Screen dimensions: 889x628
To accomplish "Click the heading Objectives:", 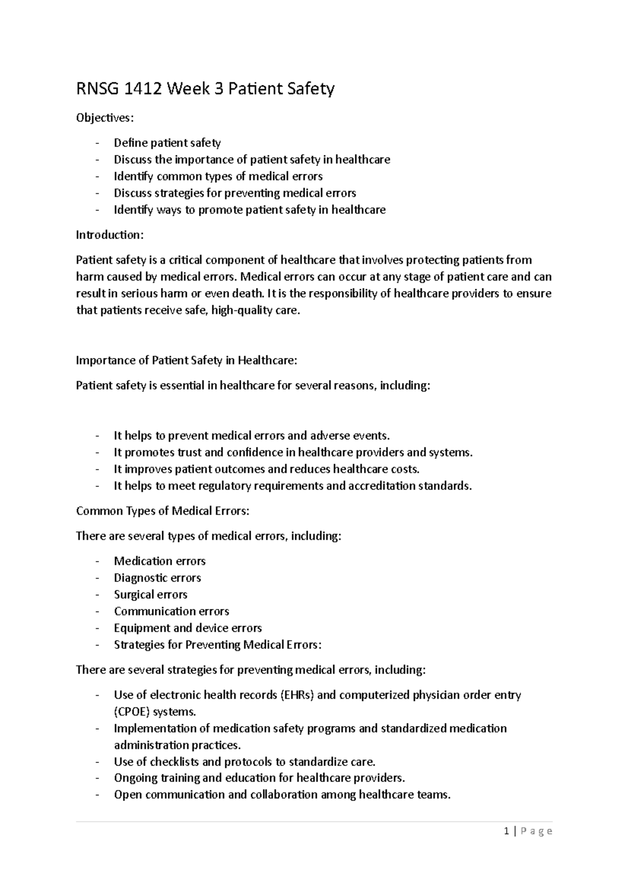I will point(105,118).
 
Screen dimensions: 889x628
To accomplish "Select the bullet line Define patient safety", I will point(167,143).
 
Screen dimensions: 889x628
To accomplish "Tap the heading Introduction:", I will point(109,235).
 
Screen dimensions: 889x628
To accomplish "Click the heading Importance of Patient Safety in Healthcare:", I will point(186,360).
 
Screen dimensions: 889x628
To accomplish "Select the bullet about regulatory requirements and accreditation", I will point(293,486).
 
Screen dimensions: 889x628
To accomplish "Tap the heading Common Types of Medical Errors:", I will point(163,511).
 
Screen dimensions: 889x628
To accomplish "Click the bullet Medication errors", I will point(160,561).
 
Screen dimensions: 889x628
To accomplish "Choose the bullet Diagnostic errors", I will point(157,578).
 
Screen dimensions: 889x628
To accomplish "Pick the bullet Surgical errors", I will point(150,595).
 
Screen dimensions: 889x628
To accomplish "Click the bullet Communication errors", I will point(171,612).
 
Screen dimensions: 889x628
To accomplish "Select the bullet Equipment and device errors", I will point(187,628).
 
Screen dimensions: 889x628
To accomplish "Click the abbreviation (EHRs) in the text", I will point(297,695).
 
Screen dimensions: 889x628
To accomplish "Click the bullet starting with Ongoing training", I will point(259,779).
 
